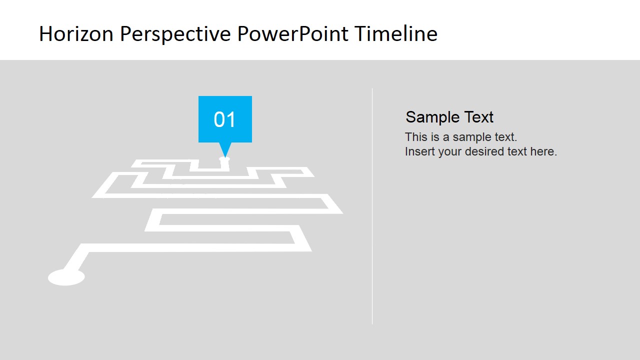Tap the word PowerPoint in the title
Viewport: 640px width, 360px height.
[x=293, y=34]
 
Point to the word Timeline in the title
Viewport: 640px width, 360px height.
[x=396, y=34]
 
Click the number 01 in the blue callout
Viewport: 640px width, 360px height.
[x=225, y=120]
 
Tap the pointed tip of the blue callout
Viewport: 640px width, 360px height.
[x=225, y=155]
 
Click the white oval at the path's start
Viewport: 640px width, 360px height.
[x=66, y=277]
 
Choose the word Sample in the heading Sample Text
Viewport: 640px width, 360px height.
[x=428, y=117]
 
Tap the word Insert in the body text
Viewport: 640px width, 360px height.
[x=420, y=151]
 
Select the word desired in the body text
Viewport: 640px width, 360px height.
[x=481, y=151]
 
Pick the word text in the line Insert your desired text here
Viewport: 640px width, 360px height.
[x=515, y=151]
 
